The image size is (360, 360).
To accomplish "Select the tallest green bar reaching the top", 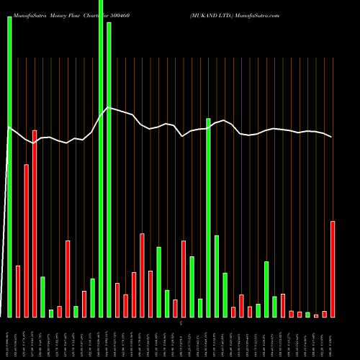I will pos(101,158).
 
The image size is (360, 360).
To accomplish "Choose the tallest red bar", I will pos(35,223).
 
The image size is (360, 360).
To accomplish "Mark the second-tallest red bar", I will pos(27,240).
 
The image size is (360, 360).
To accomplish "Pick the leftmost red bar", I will pos(18,292).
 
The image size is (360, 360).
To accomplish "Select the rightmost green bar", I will pos(307,314).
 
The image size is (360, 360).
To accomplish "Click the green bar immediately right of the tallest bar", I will pos(109,169).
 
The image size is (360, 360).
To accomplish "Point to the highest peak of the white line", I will pos(108,108).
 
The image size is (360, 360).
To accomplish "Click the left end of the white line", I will pos(8,127).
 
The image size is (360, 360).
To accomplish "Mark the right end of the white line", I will pos(332,137).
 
